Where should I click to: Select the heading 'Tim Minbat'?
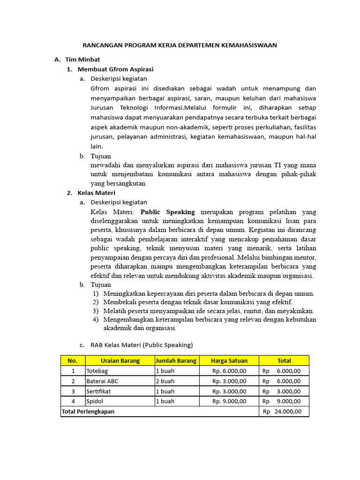pos(82,60)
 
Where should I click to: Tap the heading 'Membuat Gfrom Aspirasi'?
pos(115,69)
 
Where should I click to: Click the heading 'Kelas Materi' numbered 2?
pos(96,193)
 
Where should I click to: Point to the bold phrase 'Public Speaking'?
pos(168,212)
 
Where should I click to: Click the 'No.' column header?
pos(72,360)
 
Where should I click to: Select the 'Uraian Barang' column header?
pos(120,360)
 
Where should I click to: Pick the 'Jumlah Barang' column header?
pos(176,360)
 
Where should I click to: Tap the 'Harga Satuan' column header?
pos(229,360)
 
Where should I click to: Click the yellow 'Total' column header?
pos(284,360)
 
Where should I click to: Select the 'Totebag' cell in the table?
pos(97,371)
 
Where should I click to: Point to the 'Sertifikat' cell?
pos(98,391)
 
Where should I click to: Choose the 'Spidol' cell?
pos(95,402)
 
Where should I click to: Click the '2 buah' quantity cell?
pos(165,381)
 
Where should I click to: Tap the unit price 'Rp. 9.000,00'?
pos(229,402)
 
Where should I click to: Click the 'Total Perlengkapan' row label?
pos(88,412)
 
